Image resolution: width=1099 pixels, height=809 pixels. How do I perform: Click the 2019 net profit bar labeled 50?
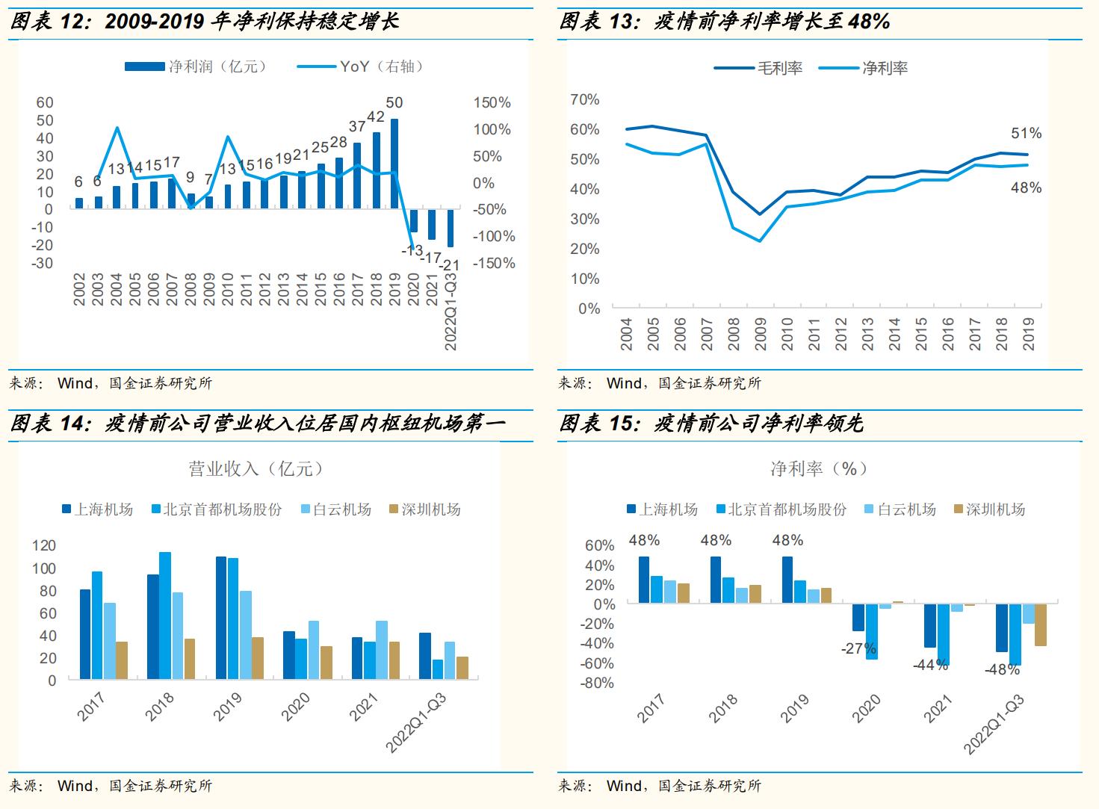pyautogui.click(x=394, y=164)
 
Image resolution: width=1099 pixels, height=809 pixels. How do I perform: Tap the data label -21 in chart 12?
pyautogui.click(x=450, y=265)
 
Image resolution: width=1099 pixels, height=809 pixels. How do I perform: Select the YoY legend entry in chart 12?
pyautogui.click(x=361, y=66)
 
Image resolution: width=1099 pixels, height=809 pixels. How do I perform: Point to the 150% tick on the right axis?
pyautogui.click(x=492, y=103)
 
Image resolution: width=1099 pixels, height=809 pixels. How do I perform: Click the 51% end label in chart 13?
pyautogui.click(x=1026, y=134)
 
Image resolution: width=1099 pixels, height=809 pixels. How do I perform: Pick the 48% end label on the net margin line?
pyautogui.click(x=1026, y=188)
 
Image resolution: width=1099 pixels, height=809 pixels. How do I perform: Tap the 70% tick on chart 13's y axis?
pyautogui.click(x=584, y=100)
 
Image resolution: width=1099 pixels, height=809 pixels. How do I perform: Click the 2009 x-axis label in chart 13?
pyautogui.click(x=761, y=334)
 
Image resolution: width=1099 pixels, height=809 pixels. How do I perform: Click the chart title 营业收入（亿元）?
pyautogui.click(x=256, y=469)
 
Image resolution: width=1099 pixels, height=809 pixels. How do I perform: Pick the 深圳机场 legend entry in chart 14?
pyautogui.click(x=425, y=509)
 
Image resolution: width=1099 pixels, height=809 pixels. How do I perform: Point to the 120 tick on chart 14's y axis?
pyautogui.click(x=44, y=546)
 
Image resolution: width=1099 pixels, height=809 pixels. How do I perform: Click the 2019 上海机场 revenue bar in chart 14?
pyautogui.click(x=221, y=617)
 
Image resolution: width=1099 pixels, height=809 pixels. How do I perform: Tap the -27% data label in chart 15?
pyautogui.click(x=858, y=649)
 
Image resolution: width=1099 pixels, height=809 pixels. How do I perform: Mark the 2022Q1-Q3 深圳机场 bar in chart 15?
pyautogui.click(x=1040, y=624)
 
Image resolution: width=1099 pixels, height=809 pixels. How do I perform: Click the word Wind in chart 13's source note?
pyautogui.click(x=624, y=384)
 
